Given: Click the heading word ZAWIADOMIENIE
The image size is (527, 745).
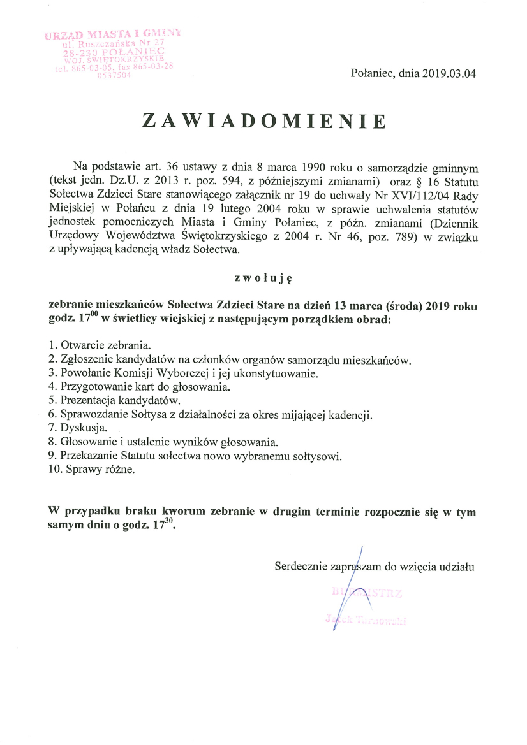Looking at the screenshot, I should click(263, 121).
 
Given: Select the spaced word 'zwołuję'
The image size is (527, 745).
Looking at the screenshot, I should click(263, 277).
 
